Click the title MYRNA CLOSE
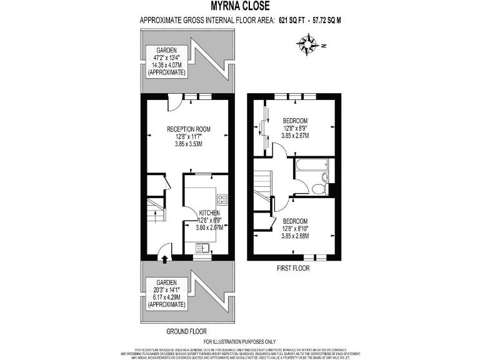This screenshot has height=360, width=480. pos(240,7)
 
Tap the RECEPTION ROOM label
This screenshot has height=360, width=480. pos(188,129)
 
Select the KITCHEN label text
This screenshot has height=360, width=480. pos(209,212)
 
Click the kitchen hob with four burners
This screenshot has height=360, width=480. pos(221,199)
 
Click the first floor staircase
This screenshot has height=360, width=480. pos(262,183)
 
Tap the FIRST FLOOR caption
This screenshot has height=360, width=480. pos(292,268)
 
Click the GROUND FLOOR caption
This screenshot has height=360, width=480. pos(187,331)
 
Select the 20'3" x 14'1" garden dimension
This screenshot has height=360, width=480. pos(166,289)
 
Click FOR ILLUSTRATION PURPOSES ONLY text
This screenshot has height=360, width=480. pos(240,342)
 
